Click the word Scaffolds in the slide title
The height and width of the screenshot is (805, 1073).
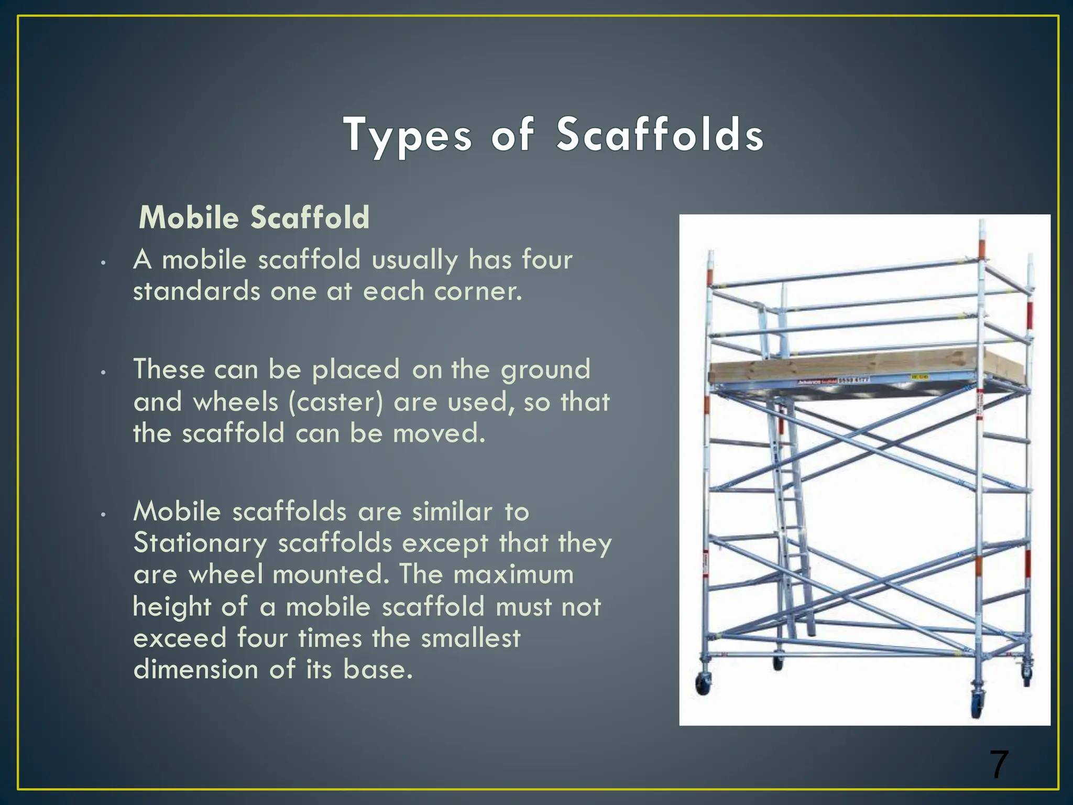[x=660, y=135]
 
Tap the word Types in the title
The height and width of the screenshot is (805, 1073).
[x=408, y=135]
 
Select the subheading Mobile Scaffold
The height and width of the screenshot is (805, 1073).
[x=254, y=217]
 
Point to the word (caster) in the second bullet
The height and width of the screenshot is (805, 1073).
[x=335, y=402]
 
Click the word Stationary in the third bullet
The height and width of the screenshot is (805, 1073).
[x=200, y=543]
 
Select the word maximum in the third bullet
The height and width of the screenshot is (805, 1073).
[x=513, y=574]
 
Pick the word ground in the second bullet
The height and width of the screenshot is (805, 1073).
[x=545, y=370]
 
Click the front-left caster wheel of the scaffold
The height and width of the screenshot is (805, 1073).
[x=702, y=684]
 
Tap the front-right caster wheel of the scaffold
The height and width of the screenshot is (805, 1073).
[x=978, y=708]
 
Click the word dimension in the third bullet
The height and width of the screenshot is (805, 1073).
[x=195, y=670]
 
